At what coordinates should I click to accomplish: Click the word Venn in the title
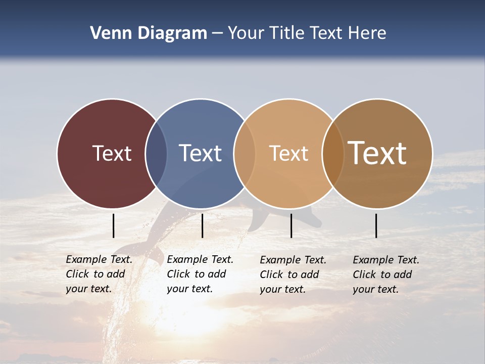pos(107,33)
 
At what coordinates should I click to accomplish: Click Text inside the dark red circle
pos(112,153)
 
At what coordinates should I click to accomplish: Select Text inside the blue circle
pos(201,153)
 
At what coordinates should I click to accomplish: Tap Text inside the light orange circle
pos(288,153)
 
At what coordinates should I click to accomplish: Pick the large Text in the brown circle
pos(377,153)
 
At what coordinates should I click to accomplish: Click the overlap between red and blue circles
pos(156,154)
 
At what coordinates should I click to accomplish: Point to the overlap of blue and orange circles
pos(244,154)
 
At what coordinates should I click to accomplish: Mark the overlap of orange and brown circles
pos(332,154)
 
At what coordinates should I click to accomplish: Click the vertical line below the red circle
pos(113,225)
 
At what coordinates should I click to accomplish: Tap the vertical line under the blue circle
pos(202,225)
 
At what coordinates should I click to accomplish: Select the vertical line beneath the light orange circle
pos(291,225)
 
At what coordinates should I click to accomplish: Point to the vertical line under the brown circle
pos(376,225)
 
